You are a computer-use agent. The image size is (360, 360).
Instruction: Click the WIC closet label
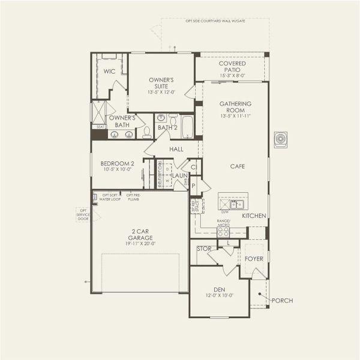click(109, 71)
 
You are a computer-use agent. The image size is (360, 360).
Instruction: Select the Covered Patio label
click(232, 67)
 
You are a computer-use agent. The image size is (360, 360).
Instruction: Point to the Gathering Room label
click(235, 107)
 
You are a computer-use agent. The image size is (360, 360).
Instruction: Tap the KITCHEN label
click(253, 215)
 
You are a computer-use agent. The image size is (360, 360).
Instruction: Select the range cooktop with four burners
click(223, 231)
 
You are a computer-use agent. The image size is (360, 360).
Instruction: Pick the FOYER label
click(254, 259)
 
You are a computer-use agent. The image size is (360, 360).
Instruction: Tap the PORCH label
click(282, 300)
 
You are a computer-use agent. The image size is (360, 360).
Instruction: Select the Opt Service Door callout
click(82, 215)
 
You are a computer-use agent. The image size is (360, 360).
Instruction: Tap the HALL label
click(176, 149)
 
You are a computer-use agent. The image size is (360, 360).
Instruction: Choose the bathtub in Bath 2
click(187, 126)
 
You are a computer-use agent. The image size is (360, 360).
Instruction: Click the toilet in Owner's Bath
click(147, 132)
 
